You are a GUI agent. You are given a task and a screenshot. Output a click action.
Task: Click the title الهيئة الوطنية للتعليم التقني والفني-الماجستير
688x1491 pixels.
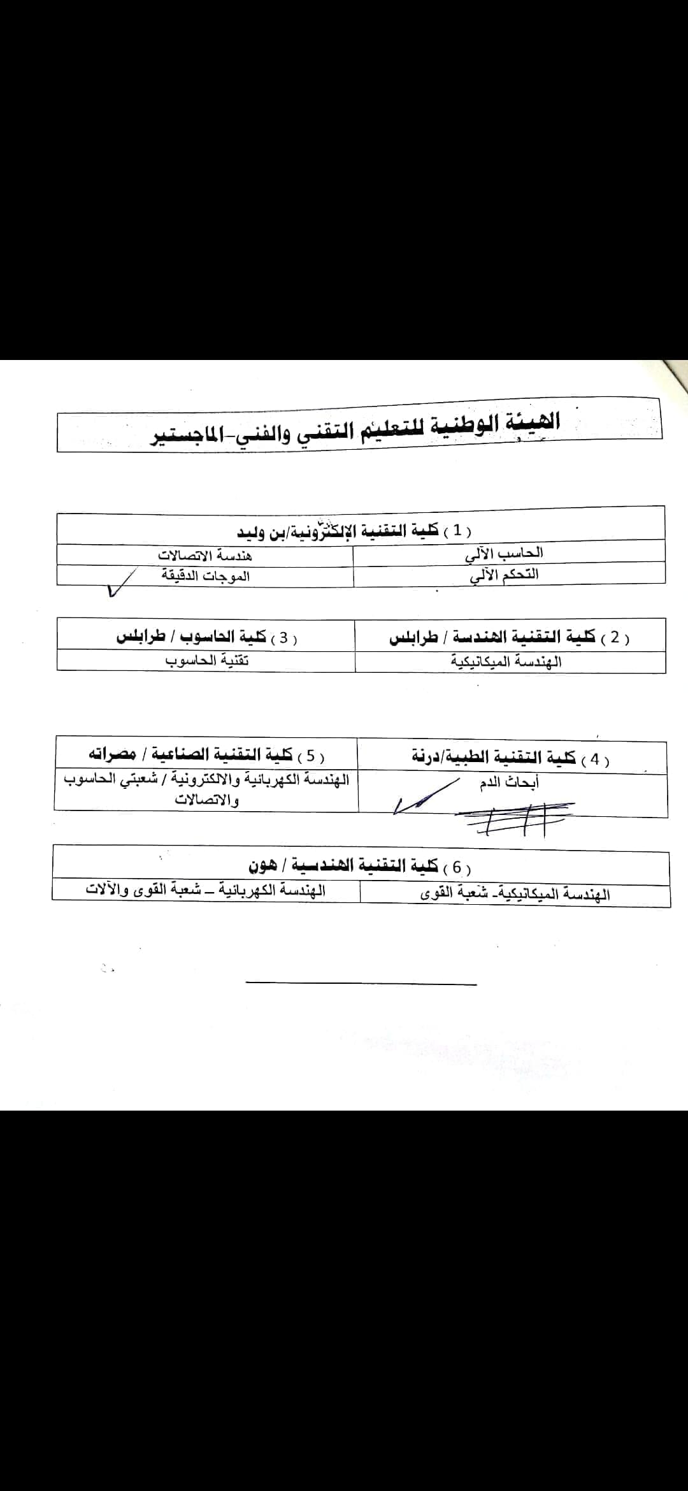355,428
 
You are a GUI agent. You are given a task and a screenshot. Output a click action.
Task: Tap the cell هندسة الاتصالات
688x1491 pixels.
205,556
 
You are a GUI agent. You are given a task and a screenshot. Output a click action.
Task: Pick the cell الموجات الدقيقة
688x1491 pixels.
205,576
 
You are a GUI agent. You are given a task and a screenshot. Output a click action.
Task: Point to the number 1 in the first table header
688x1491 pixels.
457,530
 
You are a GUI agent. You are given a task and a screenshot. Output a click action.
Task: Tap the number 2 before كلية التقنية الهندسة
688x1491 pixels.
615,637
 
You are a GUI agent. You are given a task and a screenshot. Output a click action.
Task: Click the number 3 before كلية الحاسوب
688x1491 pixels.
283,637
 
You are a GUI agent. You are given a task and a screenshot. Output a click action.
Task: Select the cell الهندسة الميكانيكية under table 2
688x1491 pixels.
506,661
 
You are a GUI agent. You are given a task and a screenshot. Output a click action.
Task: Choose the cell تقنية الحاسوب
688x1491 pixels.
207,661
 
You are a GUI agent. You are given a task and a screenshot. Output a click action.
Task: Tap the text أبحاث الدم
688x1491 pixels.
509,782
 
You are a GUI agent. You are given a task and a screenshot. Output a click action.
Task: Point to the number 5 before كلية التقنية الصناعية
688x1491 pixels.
311,756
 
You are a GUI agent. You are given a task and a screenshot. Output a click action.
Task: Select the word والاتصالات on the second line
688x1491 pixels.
207,800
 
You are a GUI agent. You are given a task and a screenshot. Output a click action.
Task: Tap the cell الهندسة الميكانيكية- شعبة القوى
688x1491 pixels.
515,894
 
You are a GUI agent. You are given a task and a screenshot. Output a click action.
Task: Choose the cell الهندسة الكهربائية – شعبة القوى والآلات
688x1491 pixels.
206,890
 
